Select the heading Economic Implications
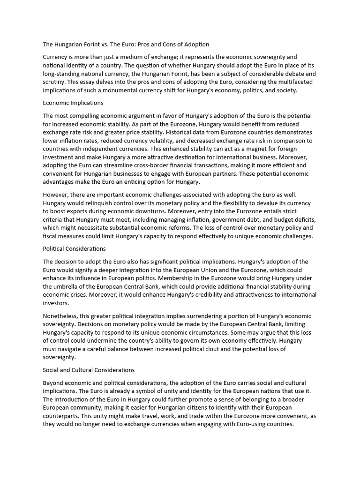(x=73, y=103)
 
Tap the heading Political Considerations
(x=74, y=248)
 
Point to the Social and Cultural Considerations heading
(x=89, y=370)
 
